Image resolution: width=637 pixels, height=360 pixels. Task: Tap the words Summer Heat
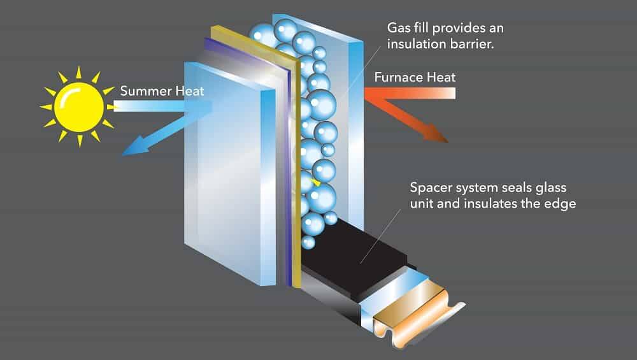pos(162,91)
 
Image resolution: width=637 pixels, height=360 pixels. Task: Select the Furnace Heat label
pos(415,77)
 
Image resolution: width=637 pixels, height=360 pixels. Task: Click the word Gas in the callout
pos(399,28)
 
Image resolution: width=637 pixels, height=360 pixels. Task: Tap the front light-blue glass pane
pos(229,172)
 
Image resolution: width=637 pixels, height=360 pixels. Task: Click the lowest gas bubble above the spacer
pos(308,242)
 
